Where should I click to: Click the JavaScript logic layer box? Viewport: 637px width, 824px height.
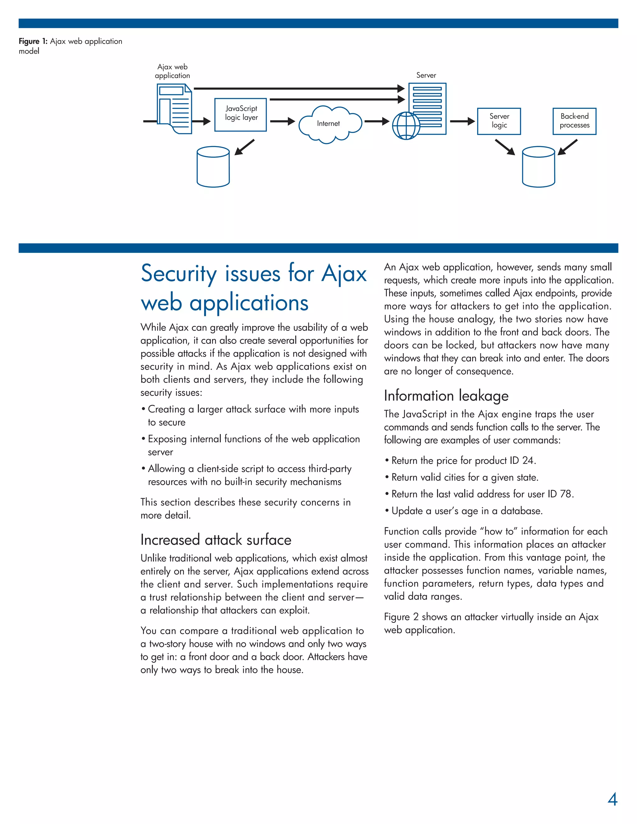click(240, 115)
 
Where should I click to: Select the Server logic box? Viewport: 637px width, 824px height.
click(499, 121)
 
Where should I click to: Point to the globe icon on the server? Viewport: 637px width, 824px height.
click(406, 126)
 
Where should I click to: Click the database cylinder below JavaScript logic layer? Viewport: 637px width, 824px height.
click(213, 167)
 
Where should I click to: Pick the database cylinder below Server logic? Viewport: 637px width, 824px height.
click(538, 167)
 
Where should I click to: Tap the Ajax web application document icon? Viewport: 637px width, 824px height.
click(174, 109)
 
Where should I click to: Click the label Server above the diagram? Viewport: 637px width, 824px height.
click(426, 75)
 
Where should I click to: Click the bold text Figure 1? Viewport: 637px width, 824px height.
click(33, 41)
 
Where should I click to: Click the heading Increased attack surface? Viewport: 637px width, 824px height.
click(216, 540)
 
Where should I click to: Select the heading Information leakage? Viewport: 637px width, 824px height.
click(446, 396)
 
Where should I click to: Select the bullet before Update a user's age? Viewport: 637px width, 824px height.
click(387, 511)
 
